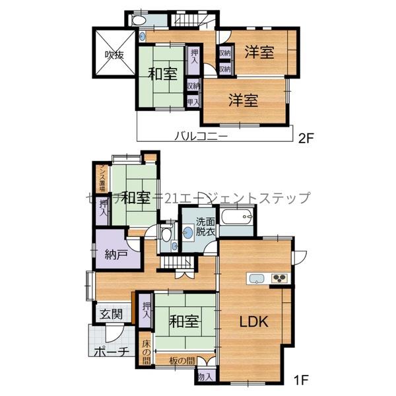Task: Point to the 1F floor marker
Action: click(301, 381)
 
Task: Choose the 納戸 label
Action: click(117, 253)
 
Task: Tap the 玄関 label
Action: click(111, 314)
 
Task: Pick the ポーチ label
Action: click(111, 352)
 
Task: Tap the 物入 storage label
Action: click(205, 377)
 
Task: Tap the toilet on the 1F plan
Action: click(166, 234)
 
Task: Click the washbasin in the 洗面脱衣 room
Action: click(188, 232)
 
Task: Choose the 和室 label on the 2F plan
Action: click(162, 75)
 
